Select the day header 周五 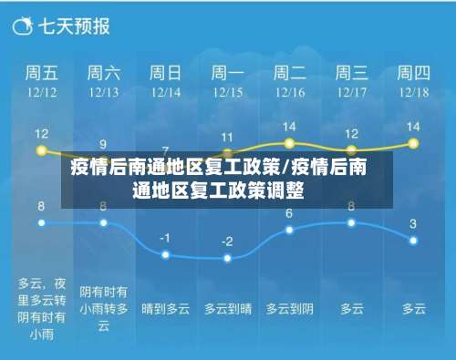click(x=41, y=72)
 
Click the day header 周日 click(x=165, y=72)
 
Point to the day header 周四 click(x=413, y=72)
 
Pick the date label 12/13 click(x=103, y=92)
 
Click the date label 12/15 click(x=227, y=92)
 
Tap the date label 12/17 click(x=351, y=92)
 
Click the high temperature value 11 click(x=227, y=137)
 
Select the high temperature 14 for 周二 click(x=289, y=127)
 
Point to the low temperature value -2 click(x=227, y=242)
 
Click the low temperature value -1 click(x=165, y=237)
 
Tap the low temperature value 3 click(x=413, y=223)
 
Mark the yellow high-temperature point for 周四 click(x=413, y=144)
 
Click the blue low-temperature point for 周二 click(x=289, y=230)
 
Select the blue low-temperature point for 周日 click(x=165, y=254)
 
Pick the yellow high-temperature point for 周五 click(x=41, y=150)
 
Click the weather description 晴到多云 click(x=165, y=309)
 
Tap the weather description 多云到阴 click(x=289, y=309)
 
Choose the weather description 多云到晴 click(x=227, y=309)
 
